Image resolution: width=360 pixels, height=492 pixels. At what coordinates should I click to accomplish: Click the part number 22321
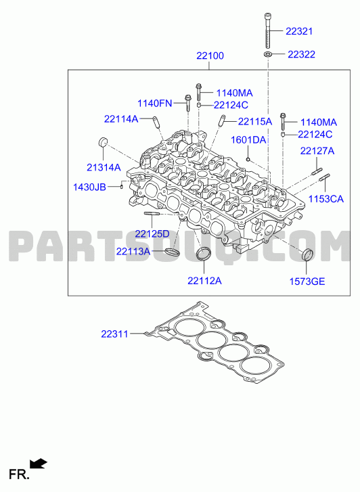(299, 31)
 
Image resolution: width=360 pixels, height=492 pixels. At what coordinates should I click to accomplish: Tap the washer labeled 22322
(267, 55)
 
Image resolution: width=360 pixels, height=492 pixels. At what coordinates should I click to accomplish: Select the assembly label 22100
(210, 56)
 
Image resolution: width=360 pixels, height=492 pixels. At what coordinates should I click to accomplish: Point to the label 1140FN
(155, 104)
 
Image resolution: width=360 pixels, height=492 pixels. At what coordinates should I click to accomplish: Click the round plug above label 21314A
(103, 142)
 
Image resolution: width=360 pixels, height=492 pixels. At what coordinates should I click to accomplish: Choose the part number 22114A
(121, 119)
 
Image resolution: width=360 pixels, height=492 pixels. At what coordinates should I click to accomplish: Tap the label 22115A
(255, 121)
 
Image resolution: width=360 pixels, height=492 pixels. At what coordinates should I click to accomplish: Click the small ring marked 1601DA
(248, 160)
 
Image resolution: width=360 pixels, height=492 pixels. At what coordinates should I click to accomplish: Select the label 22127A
(317, 151)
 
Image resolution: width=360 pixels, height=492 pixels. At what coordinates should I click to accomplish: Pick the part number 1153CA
(325, 199)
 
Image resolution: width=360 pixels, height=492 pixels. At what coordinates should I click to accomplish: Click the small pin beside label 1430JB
(122, 186)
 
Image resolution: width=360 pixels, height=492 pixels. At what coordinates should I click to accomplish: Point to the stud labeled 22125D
(152, 214)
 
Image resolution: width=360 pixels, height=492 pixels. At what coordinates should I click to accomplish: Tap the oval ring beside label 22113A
(172, 252)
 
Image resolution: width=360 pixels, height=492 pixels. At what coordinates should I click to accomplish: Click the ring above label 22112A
(204, 254)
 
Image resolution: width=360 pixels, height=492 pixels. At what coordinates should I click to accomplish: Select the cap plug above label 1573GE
(307, 254)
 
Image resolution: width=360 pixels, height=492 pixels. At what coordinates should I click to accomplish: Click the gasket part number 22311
(114, 334)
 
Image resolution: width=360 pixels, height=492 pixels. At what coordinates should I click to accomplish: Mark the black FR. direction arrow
(39, 464)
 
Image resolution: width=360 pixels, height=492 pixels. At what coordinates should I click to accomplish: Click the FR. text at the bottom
(19, 474)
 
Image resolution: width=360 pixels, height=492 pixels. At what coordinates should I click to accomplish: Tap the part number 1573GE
(307, 282)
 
